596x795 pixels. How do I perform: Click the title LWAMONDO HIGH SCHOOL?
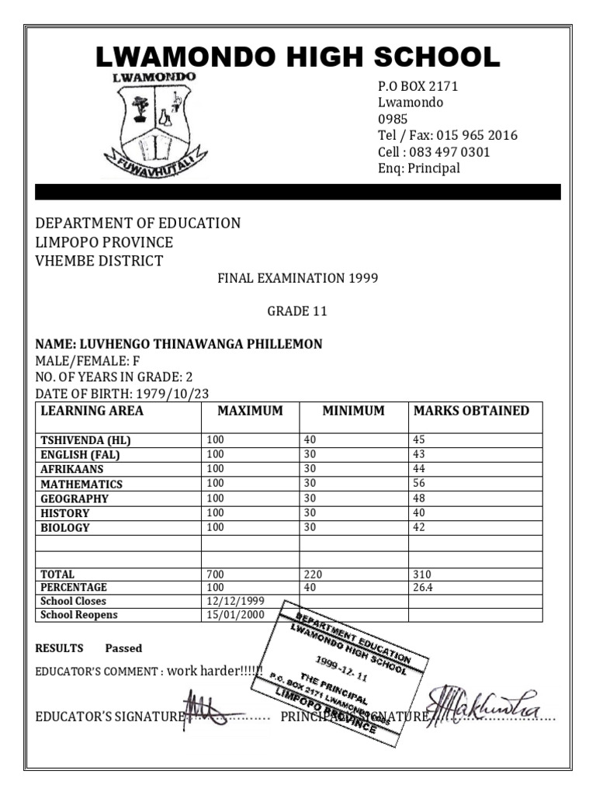297,57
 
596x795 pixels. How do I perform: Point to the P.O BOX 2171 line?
418,86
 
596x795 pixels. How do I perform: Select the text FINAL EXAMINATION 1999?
297,278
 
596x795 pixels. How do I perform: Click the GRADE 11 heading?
297,311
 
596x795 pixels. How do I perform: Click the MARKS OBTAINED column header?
472,411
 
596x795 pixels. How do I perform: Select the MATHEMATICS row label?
81,484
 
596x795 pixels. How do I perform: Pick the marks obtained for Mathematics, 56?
420,484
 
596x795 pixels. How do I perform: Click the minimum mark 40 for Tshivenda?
310,440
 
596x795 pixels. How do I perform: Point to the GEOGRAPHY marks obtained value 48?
420,498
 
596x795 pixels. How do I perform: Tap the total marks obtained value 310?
423,575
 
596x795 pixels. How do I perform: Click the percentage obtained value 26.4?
424,588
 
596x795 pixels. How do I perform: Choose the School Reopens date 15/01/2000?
236,615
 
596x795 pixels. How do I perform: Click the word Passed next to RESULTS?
124,648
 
